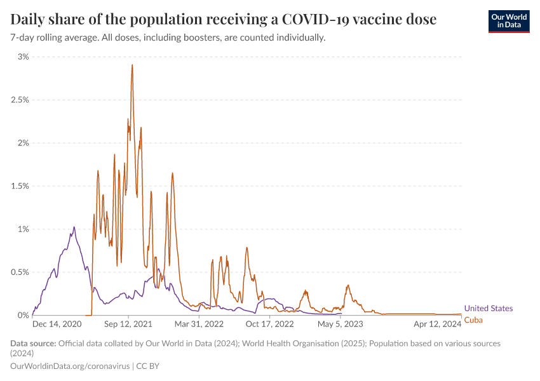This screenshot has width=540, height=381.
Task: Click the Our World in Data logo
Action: pos(508,21)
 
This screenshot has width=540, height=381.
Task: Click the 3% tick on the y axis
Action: pos(23,57)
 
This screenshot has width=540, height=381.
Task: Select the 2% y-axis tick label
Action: pos(23,143)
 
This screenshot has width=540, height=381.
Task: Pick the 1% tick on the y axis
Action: pos(23,229)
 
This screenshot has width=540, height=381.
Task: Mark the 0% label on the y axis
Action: pos(23,315)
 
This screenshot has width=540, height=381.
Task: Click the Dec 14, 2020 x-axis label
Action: pos(57,324)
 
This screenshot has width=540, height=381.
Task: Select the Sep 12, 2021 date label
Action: pos(128,324)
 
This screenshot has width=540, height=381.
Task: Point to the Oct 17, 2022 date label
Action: pos(269,324)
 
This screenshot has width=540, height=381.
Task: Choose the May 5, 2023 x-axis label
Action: pos(341,324)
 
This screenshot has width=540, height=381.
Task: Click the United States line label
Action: pos(489,309)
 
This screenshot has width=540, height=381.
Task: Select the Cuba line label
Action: pos(473,319)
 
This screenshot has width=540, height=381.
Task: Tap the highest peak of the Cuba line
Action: pos(132,65)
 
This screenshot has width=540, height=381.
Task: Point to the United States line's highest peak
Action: pos(74,227)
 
